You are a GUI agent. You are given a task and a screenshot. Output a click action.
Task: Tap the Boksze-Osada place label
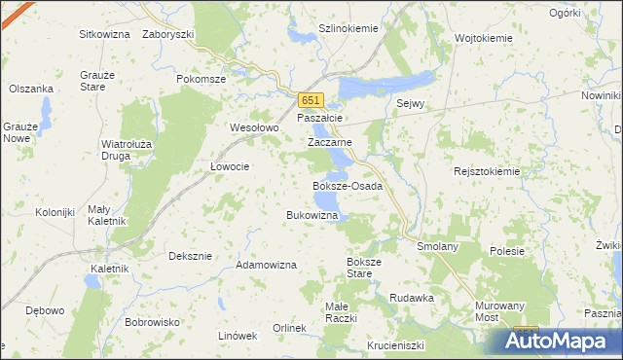pos(347,185)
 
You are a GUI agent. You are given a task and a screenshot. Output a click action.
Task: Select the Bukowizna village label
pos(311,214)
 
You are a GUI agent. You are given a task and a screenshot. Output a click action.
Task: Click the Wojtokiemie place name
pos(484,38)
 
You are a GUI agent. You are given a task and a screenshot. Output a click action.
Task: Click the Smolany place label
pos(437,247)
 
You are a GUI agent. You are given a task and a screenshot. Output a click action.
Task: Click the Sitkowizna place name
pos(105,33)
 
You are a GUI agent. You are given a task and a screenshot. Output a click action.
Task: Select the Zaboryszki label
pos(168,33)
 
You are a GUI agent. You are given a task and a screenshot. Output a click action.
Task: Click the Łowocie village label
pos(231,166)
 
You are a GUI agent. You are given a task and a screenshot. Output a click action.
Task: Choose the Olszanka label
pos(31,89)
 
